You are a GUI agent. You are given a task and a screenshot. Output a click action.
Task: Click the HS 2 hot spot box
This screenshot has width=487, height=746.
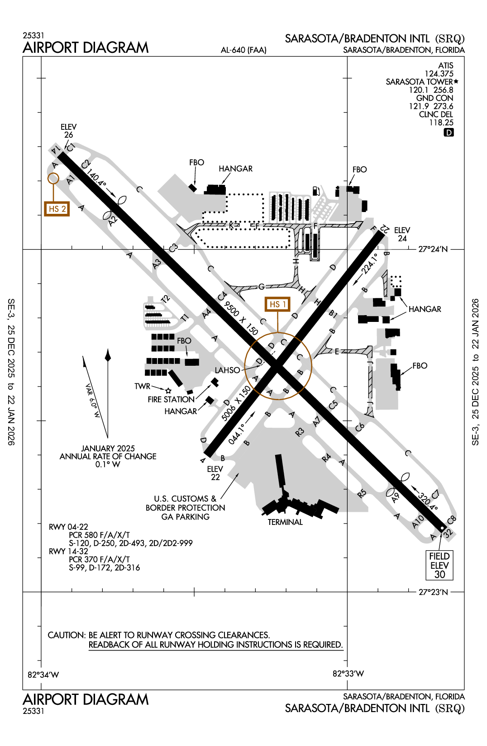[x=57, y=209]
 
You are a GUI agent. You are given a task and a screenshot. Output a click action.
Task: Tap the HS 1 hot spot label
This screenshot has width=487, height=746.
[x=277, y=304]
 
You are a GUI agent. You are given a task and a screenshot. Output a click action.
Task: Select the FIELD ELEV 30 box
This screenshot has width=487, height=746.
[x=439, y=565]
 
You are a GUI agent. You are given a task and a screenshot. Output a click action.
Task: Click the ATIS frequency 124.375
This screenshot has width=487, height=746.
[x=439, y=74]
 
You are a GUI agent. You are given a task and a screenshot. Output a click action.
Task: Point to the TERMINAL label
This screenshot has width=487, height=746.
[x=285, y=522]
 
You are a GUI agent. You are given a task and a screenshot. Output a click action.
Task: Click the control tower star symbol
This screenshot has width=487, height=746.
[x=168, y=391]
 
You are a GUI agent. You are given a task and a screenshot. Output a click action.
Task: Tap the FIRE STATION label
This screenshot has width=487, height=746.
[x=171, y=400]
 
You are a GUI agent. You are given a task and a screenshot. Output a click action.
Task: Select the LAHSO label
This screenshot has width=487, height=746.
[x=227, y=370]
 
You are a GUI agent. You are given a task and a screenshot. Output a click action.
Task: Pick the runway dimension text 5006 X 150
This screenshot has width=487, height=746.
[x=236, y=404]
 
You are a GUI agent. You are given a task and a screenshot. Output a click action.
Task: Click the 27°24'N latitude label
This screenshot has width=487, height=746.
[x=433, y=249]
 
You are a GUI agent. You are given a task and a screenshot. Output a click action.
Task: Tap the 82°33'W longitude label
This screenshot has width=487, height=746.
[x=348, y=674]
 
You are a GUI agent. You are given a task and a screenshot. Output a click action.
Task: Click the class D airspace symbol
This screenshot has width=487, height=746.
[x=449, y=132]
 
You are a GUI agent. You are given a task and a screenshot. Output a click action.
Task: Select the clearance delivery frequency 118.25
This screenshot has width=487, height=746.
[x=441, y=123]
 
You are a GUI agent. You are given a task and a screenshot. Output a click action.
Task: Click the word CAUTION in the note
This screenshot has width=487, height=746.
[x=66, y=635]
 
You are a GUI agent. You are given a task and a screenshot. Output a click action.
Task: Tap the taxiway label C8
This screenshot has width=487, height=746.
[x=451, y=520]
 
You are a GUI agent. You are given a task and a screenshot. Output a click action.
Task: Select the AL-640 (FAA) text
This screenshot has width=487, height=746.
[x=243, y=50]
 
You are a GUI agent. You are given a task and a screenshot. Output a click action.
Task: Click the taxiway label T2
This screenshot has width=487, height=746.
[x=165, y=299]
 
